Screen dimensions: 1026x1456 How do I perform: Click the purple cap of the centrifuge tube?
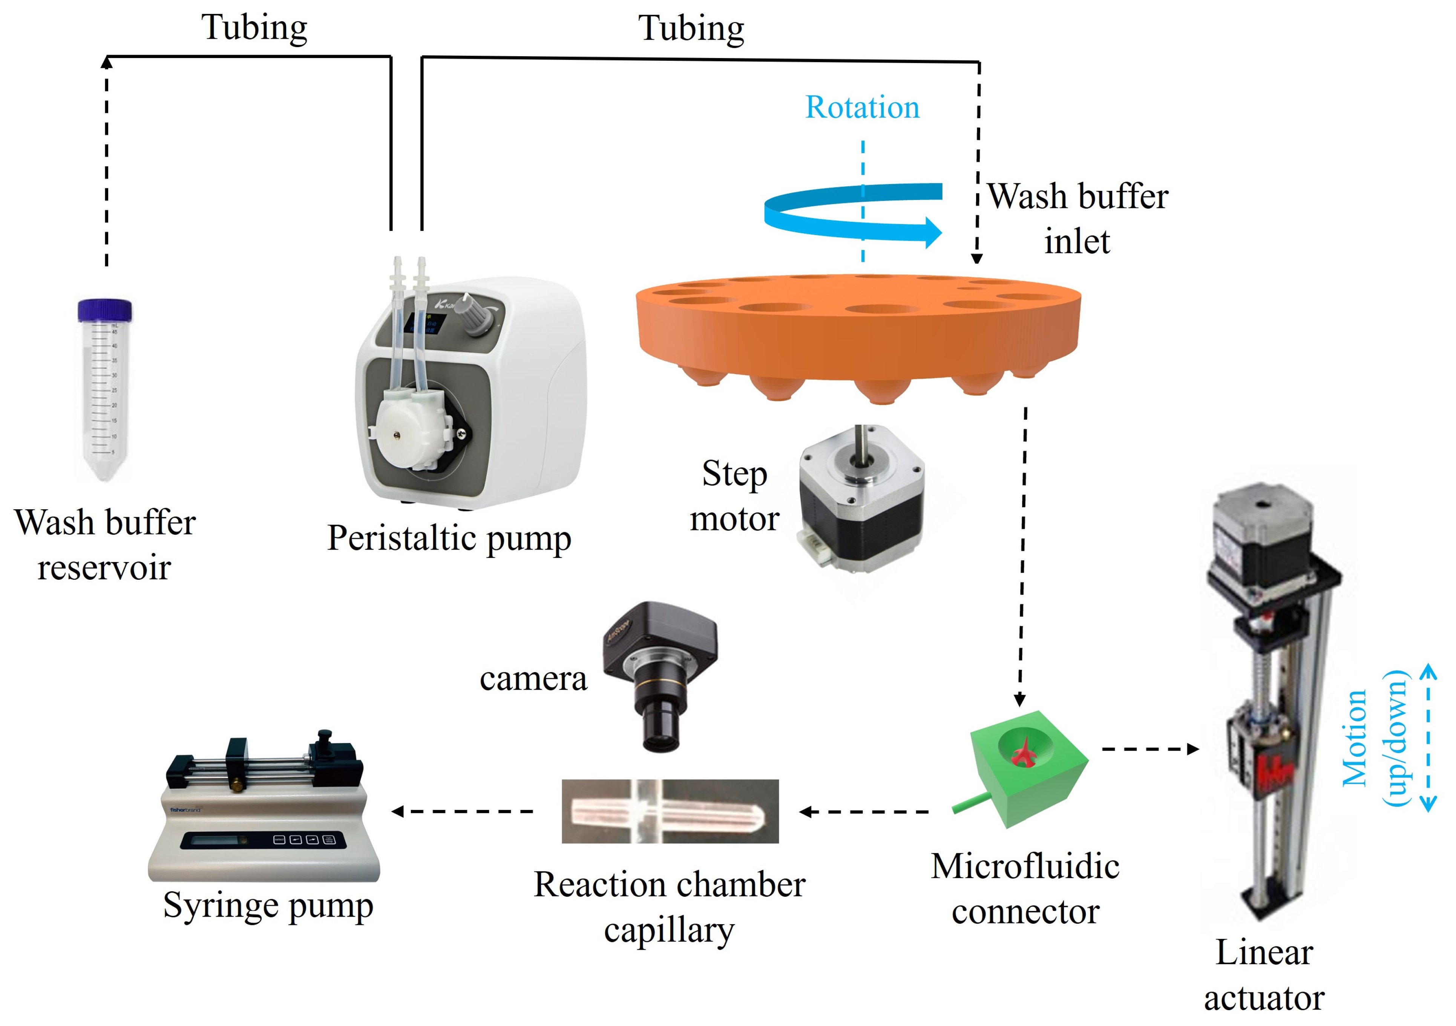(x=105, y=310)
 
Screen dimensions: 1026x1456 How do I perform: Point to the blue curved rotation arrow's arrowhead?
(x=931, y=232)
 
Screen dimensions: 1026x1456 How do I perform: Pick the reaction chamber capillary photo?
(x=670, y=811)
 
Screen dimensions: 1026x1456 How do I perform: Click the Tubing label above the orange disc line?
(x=691, y=29)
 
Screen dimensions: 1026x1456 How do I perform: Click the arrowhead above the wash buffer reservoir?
(x=107, y=62)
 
